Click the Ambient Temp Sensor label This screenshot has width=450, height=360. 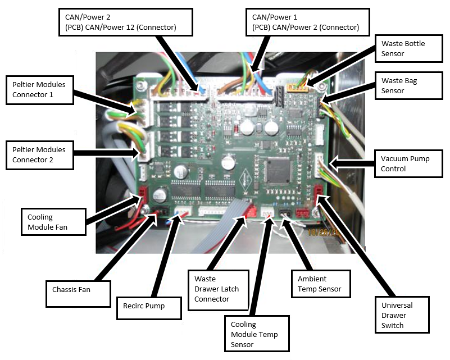320,284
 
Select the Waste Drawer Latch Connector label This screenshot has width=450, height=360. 217,289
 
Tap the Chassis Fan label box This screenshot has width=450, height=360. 78,290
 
